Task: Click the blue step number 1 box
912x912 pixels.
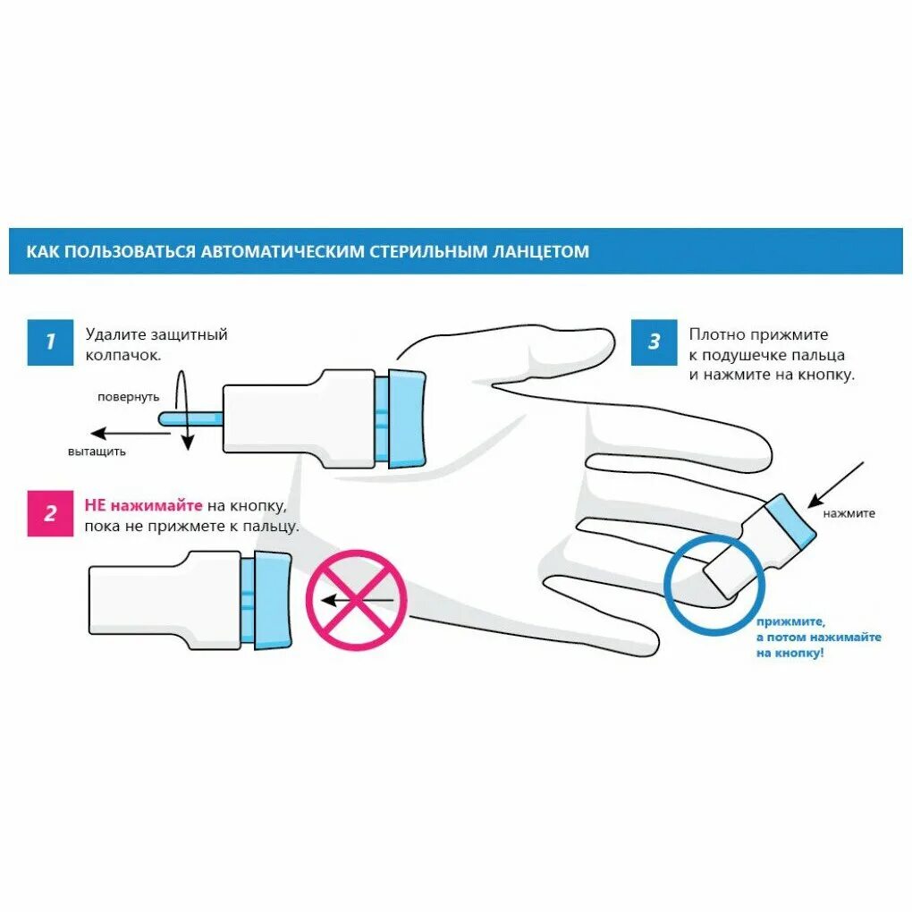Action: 50,342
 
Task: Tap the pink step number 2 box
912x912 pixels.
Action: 50,513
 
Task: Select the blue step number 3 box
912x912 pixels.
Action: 654,342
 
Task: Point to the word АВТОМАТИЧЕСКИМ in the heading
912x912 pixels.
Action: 283,251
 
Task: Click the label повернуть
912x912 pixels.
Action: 129,396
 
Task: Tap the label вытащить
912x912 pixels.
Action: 97,452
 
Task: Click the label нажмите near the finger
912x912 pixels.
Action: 849,513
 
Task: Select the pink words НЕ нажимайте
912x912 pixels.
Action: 144,505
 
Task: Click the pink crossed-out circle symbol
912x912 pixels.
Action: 356,599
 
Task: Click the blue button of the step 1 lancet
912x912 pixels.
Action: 407,418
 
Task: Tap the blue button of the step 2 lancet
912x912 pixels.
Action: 273,599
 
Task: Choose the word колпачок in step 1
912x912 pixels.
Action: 123,355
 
